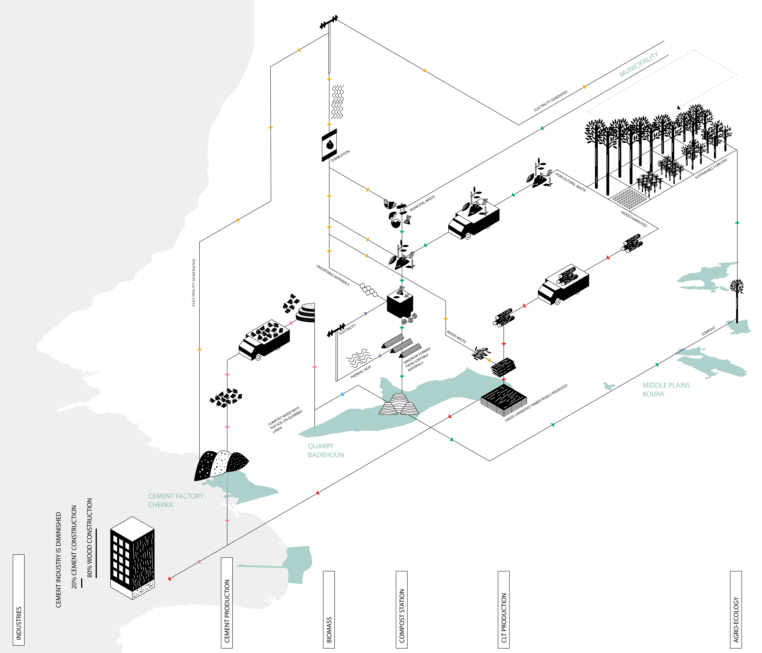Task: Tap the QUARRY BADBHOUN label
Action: click(326, 450)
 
